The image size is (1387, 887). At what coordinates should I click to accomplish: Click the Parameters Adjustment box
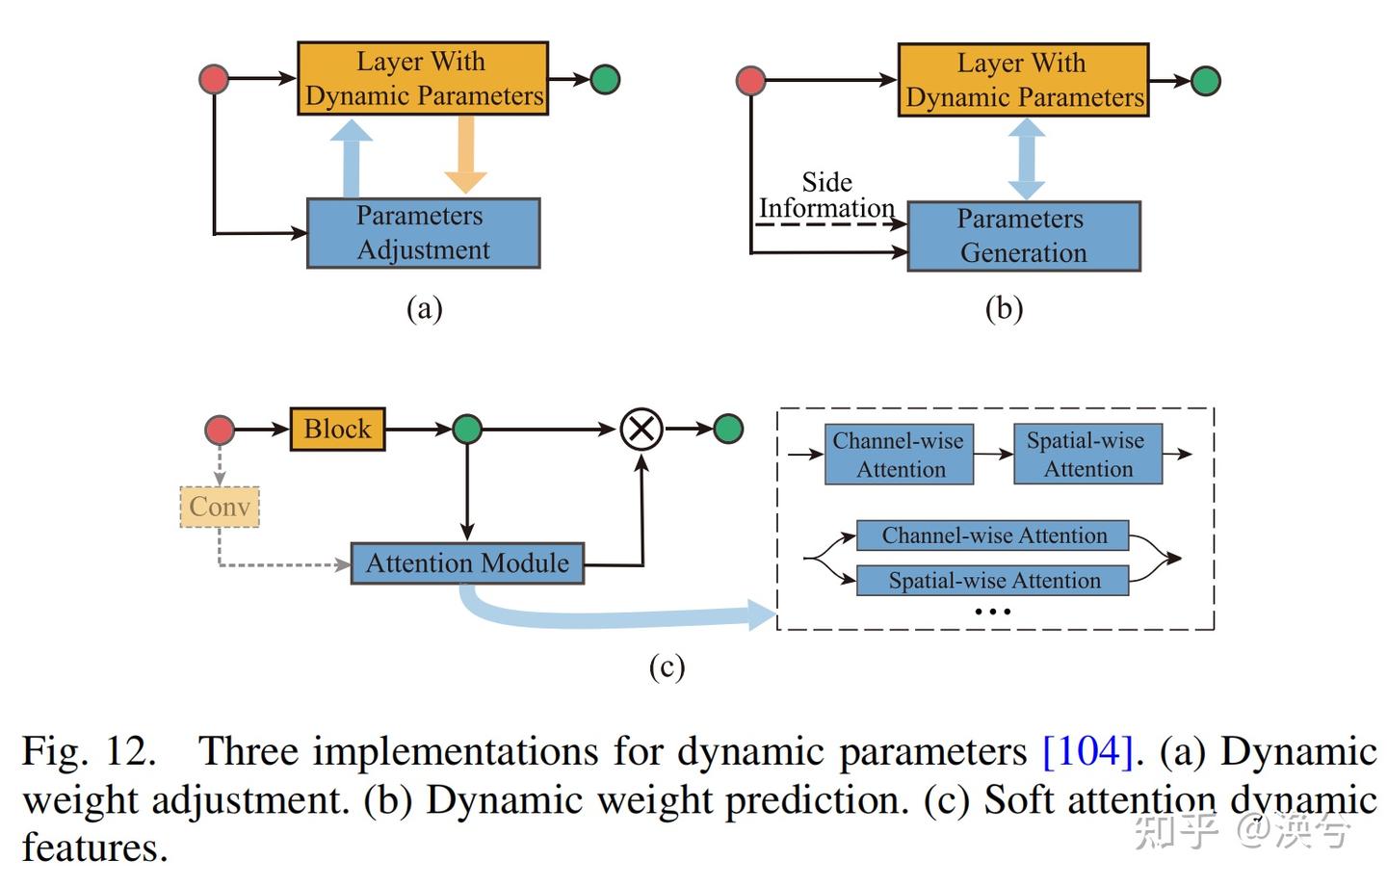(x=423, y=233)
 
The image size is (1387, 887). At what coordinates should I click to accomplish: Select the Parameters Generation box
(x=1023, y=236)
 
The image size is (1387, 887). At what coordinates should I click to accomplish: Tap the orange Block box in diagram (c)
(x=337, y=430)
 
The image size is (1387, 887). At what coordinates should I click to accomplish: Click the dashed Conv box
(x=220, y=507)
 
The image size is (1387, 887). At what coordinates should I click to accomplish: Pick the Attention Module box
(x=467, y=563)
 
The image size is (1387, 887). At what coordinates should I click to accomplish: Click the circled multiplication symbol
(x=641, y=429)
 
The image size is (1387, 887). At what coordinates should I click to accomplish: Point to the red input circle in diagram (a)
(x=214, y=79)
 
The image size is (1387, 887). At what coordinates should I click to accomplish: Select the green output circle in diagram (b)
(x=1205, y=81)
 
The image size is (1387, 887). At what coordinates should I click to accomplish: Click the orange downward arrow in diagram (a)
(x=465, y=154)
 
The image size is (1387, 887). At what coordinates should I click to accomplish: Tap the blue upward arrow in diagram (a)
(x=352, y=158)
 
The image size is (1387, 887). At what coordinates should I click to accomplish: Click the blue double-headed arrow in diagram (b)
(x=1026, y=159)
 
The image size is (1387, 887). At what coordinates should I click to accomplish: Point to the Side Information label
(x=826, y=196)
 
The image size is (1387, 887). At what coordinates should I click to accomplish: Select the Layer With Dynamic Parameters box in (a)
(x=423, y=79)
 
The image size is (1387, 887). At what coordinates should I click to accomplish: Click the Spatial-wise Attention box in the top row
(x=1087, y=455)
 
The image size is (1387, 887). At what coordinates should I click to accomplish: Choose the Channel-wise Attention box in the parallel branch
(x=993, y=535)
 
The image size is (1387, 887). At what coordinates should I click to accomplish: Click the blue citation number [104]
(x=1087, y=751)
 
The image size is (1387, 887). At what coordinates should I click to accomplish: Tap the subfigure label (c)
(x=667, y=666)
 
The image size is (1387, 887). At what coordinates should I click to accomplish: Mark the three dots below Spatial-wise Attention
(x=992, y=612)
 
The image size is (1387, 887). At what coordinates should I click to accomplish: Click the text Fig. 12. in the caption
(x=89, y=751)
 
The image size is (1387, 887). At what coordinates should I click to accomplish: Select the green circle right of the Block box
(x=467, y=430)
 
